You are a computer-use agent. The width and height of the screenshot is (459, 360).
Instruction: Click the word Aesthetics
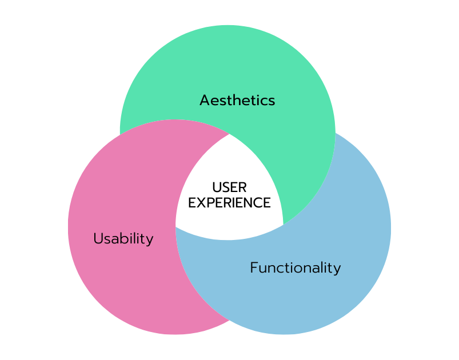[x=237, y=101]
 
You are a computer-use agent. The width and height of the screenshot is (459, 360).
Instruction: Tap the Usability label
[x=123, y=239]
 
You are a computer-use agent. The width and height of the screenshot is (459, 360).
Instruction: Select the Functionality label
[x=295, y=267]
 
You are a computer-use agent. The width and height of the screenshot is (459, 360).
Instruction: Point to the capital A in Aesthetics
[x=204, y=101]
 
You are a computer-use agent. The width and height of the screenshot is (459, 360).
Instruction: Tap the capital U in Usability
[x=98, y=238]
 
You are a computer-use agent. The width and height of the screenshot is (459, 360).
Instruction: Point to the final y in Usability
[x=150, y=241]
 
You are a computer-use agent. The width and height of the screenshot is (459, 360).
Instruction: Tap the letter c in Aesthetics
[x=263, y=101]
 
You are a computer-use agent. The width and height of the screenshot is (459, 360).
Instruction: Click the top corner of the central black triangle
[x=229, y=134]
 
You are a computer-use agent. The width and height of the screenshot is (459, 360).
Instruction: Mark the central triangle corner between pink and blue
[x=177, y=227]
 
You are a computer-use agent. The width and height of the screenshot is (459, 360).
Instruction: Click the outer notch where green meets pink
[x=120, y=135]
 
